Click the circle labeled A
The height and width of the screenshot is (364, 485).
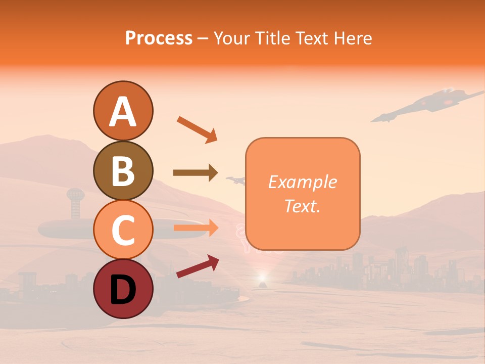(x=123, y=111)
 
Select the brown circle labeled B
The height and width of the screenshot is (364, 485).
(x=123, y=170)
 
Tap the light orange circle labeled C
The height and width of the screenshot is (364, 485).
(x=123, y=230)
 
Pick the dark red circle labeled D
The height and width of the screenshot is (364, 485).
(x=123, y=289)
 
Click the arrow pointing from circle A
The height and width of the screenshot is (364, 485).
(x=197, y=129)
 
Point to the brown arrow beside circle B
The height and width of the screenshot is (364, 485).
(x=195, y=173)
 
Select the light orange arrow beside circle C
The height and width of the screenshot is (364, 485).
(x=195, y=228)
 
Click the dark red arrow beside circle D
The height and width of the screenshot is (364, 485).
(x=198, y=266)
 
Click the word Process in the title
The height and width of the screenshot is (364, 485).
(x=159, y=38)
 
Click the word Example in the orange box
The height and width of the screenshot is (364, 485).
(x=302, y=182)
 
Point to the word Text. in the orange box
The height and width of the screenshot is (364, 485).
(x=302, y=206)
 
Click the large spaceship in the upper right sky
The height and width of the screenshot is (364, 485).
(x=429, y=104)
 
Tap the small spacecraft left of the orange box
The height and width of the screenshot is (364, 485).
(x=234, y=179)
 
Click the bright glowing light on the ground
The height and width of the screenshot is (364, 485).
(x=262, y=278)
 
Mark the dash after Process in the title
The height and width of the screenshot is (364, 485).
(x=203, y=38)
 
